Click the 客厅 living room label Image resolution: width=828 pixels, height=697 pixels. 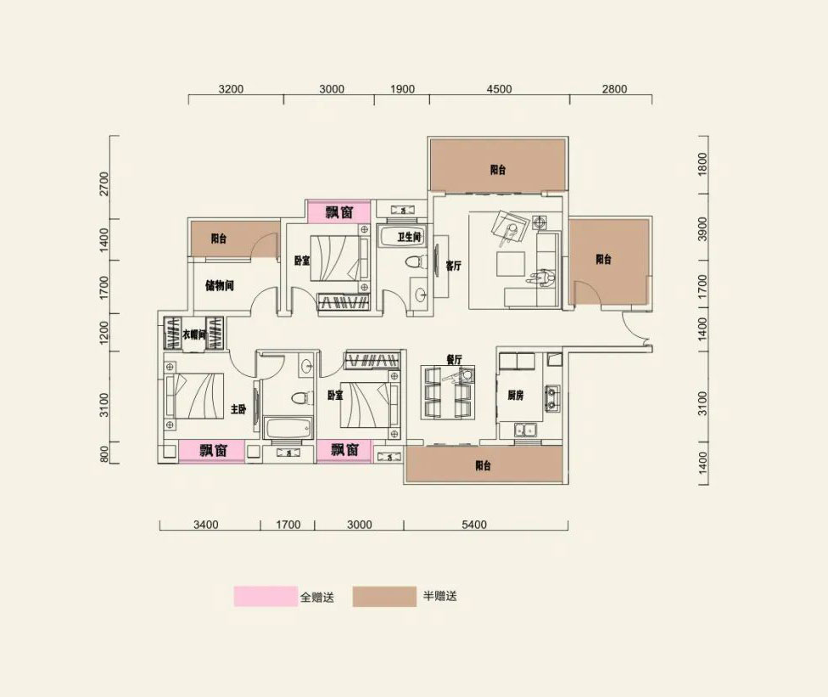(x=454, y=266)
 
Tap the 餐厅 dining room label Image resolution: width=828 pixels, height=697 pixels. (x=454, y=359)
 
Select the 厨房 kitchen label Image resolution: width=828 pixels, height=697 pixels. (x=516, y=396)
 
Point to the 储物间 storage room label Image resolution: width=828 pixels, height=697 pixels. (x=219, y=286)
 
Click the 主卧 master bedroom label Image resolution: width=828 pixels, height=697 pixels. (x=238, y=409)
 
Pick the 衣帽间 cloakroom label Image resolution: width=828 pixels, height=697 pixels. (x=193, y=334)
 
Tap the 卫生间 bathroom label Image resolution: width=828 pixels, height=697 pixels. (x=409, y=237)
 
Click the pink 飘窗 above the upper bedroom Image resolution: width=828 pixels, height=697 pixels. (x=339, y=212)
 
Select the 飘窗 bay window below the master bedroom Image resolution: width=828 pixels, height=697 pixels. (x=212, y=451)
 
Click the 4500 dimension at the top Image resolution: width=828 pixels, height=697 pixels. (x=499, y=89)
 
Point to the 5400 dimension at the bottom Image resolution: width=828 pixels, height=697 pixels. (x=473, y=525)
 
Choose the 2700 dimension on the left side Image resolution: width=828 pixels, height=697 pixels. (x=104, y=183)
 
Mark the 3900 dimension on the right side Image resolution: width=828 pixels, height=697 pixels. (x=702, y=229)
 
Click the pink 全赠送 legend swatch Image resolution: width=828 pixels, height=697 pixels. (x=266, y=596)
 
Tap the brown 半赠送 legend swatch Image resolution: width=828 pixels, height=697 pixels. (x=384, y=597)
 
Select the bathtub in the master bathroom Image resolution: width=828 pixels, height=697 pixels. (x=288, y=428)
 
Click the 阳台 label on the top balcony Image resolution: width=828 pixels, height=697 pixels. (x=497, y=170)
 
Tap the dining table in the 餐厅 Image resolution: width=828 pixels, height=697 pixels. (x=448, y=392)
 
